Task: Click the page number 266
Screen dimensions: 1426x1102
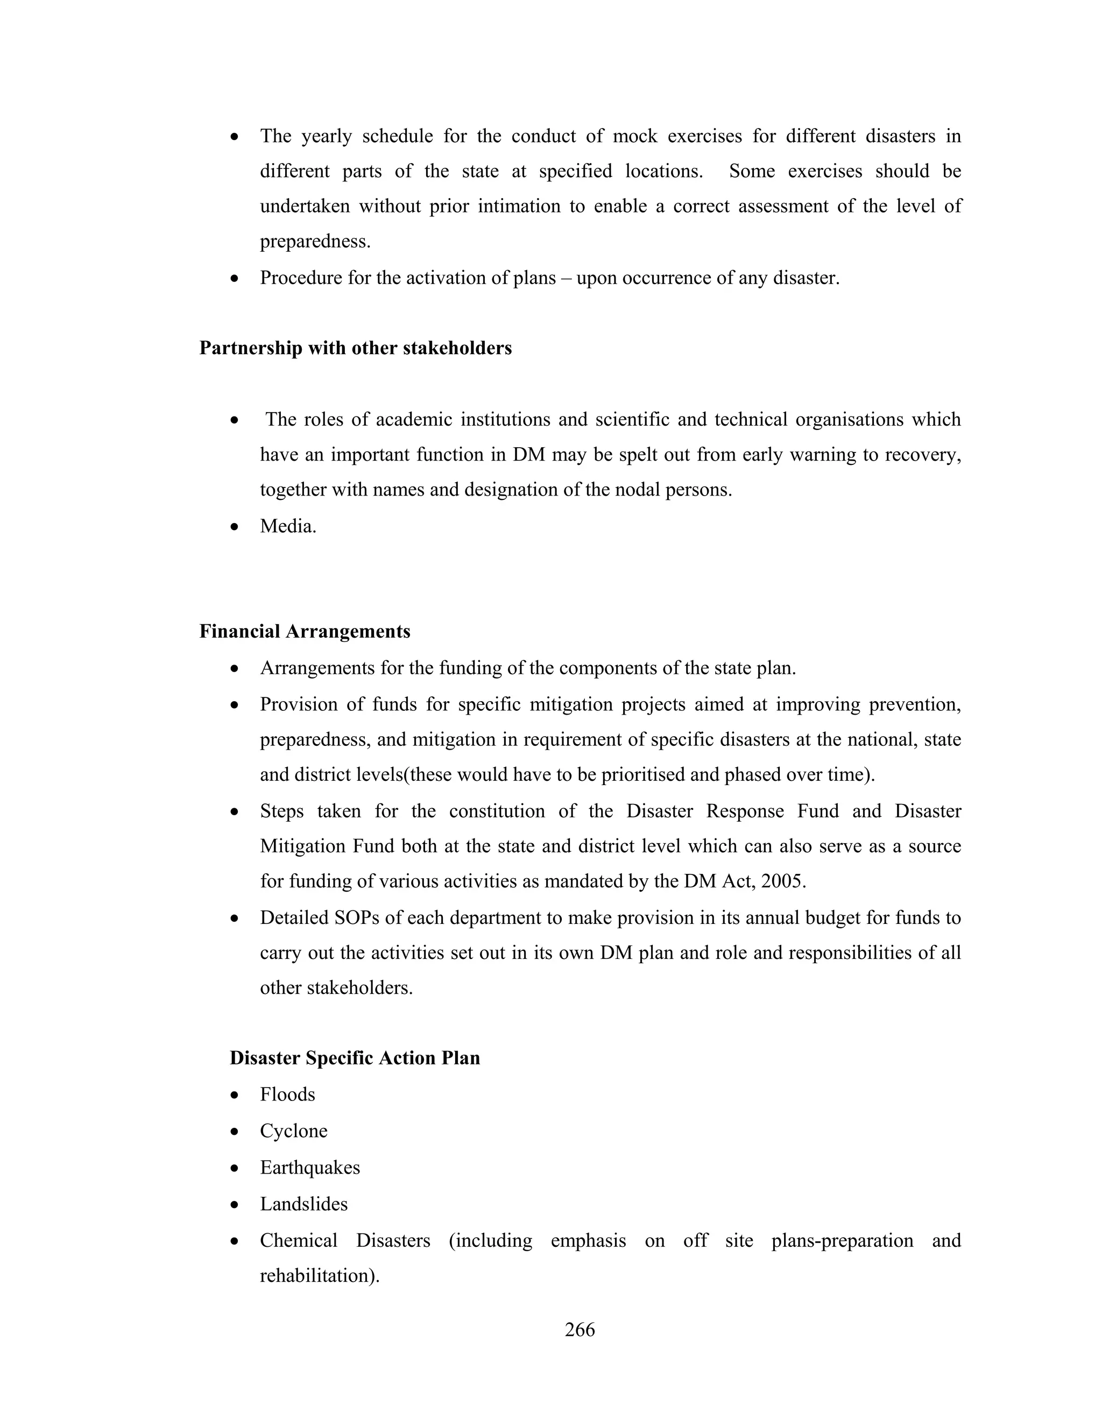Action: (x=580, y=1329)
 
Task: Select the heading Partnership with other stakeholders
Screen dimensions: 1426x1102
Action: (x=355, y=349)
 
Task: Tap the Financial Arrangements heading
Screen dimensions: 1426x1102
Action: (x=305, y=631)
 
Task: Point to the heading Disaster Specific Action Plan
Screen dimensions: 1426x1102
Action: (x=355, y=1058)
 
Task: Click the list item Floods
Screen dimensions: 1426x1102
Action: (x=287, y=1095)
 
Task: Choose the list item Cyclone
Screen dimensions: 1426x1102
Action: (x=294, y=1131)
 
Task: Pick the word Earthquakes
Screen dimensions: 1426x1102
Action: (x=310, y=1168)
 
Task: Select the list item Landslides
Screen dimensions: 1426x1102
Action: (x=303, y=1204)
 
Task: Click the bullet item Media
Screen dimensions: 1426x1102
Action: (x=288, y=526)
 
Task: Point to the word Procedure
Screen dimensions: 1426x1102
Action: (x=301, y=278)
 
